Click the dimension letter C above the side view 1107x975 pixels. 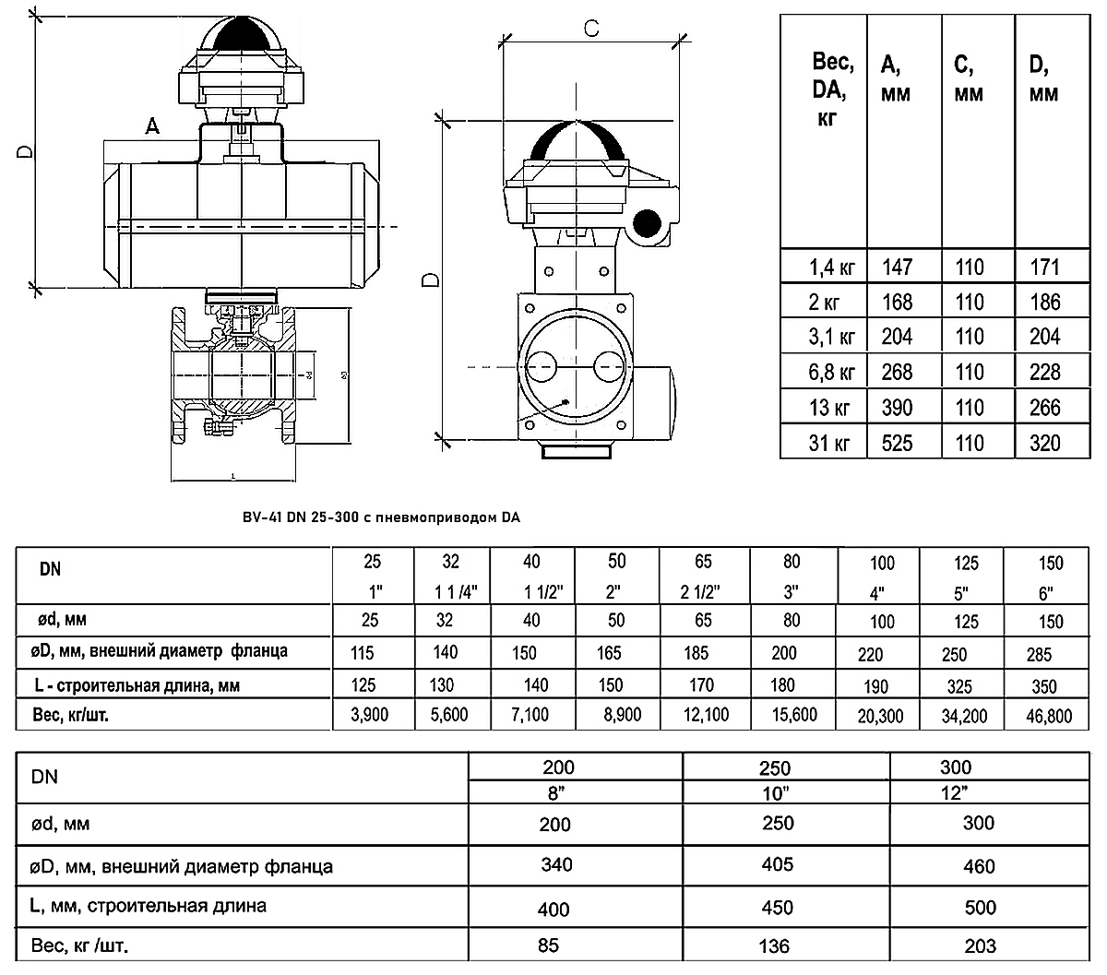coord(591,29)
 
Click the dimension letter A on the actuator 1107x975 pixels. coord(153,126)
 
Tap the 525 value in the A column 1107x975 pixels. coord(897,443)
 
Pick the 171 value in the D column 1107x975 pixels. coord(1044,268)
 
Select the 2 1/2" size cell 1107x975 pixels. coord(704,590)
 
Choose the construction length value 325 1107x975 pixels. coord(954,686)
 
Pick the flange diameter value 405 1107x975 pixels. coord(779,864)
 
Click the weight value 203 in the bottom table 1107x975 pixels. coord(980,945)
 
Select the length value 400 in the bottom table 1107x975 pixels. coord(553,909)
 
